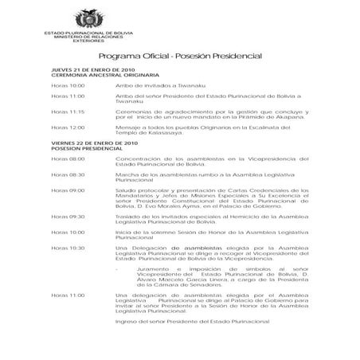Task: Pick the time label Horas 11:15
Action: click(x=67, y=112)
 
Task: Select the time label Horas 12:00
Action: click(x=67, y=127)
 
